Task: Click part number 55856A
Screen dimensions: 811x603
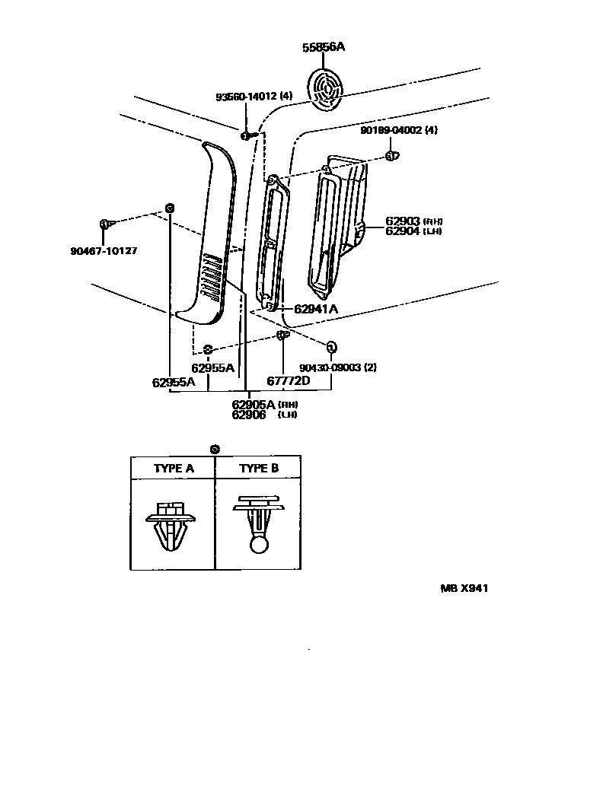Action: pos(323,47)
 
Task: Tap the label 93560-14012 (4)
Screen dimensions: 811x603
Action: pos(254,97)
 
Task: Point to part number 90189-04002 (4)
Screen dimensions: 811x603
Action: pos(399,130)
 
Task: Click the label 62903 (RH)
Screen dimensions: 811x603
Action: pos(413,221)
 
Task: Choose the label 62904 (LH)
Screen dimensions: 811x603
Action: pos(413,231)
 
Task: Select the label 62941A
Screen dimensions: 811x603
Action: pos(315,309)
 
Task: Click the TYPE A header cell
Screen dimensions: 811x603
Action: pos(174,469)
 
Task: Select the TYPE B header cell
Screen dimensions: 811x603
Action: pos(259,469)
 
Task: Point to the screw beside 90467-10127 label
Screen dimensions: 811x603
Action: pos(105,224)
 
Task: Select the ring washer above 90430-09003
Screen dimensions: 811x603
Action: pos(331,347)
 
